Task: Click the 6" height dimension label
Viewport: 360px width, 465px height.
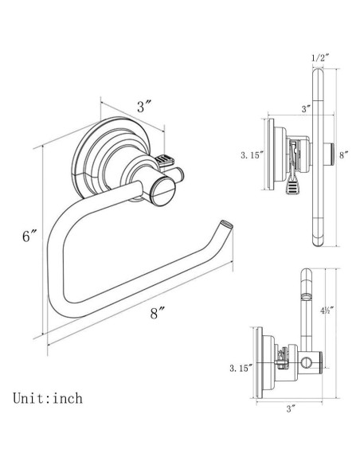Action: (29, 236)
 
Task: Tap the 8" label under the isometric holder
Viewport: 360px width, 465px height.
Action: (157, 313)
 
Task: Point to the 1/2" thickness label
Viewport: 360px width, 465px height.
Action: (319, 57)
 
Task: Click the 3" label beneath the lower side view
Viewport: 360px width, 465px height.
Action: (292, 408)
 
